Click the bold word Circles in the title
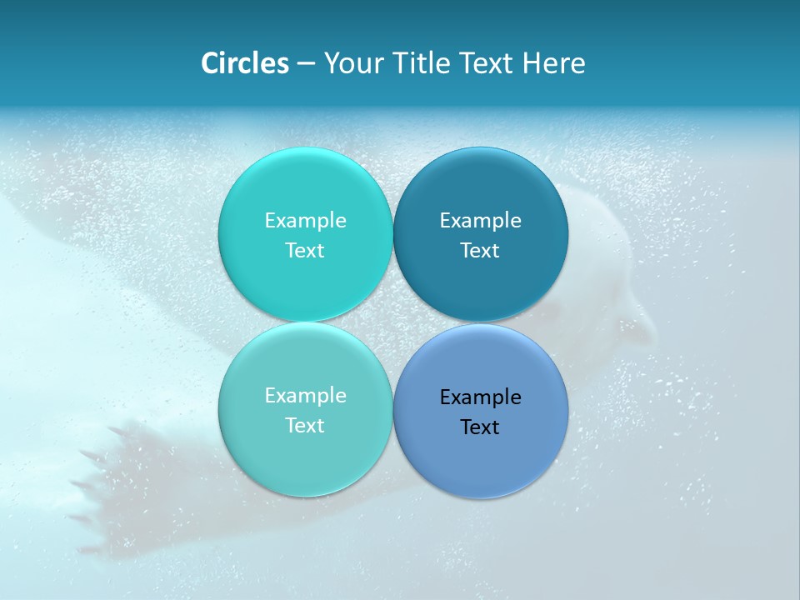244,63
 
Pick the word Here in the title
554,63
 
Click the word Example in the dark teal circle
480,220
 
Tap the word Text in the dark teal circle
480,250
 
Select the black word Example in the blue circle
480,397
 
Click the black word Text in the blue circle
480,427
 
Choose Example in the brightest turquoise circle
305,220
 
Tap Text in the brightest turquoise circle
305,250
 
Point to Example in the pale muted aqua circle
305,395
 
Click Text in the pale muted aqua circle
305,425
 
